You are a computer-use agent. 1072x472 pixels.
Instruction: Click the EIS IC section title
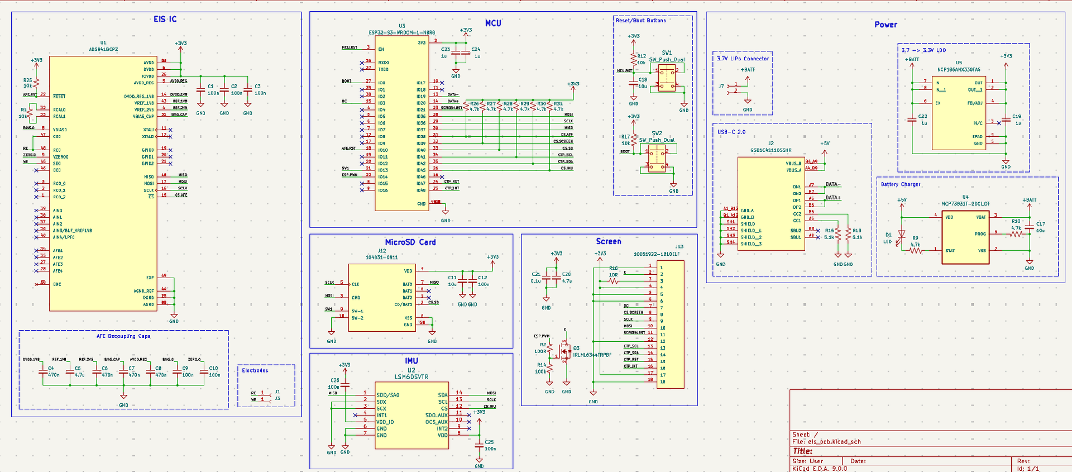coord(165,19)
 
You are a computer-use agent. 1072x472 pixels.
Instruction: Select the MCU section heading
coord(493,23)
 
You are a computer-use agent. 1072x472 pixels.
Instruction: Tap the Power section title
coord(886,25)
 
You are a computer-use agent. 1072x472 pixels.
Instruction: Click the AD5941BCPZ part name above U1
coord(103,49)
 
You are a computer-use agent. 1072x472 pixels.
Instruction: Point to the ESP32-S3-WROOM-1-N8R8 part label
coord(401,32)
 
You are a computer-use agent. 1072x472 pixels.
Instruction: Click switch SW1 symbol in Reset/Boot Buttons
coord(667,77)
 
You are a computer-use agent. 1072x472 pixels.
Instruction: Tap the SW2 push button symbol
coord(657,158)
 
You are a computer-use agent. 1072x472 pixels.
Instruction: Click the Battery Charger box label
coord(901,184)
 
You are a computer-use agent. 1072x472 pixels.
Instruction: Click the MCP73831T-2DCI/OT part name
coord(965,204)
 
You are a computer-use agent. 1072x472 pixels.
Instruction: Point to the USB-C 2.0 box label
coord(731,132)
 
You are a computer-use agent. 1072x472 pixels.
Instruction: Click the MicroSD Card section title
coord(410,242)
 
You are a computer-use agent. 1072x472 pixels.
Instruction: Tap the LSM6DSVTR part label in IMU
coord(411,376)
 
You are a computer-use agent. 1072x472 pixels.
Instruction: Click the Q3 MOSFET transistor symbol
coord(565,352)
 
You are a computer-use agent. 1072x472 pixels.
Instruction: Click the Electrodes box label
coord(255,370)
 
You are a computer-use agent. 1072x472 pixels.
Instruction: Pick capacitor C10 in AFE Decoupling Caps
coord(204,371)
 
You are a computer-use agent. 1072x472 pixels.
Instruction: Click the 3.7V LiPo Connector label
coord(743,59)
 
